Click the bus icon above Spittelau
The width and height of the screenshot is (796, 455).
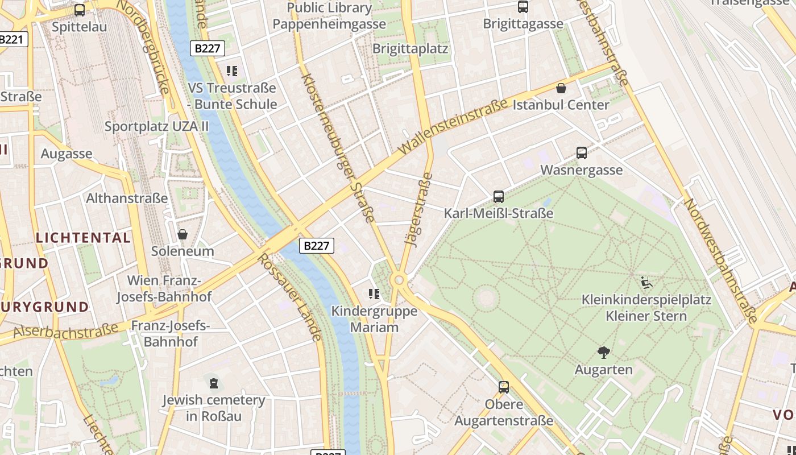click(x=80, y=10)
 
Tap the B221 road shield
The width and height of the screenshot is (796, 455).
click(x=11, y=39)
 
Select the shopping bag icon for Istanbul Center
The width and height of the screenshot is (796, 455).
click(x=561, y=88)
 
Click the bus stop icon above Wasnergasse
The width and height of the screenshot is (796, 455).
click(x=581, y=152)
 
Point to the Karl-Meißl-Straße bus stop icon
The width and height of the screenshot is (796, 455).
click(x=499, y=197)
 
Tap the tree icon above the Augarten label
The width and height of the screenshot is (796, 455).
click(x=603, y=353)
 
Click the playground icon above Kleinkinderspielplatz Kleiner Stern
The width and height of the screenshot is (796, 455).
click(x=646, y=283)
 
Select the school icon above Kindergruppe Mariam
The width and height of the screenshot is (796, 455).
click(x=374, y=294)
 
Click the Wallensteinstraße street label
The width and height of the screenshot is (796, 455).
click(x=453, y=127)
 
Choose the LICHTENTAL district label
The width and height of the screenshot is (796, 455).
click(x=84, y=238)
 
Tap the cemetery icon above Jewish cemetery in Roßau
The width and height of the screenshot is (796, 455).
click(x=213, y=383)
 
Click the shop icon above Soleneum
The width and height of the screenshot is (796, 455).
click(x=183, y=234)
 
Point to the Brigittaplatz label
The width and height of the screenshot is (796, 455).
click(x=410, y=48)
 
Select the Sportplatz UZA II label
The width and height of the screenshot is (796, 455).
click(x=156, y=126)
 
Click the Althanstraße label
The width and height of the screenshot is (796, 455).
click(x=127, y=198)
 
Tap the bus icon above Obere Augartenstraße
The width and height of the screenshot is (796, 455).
click(x=503, y=387)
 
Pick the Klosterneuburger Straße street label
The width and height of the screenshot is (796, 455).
click(x=338, y=148)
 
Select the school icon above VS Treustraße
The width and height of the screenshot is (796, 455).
click(x=231, y=71)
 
